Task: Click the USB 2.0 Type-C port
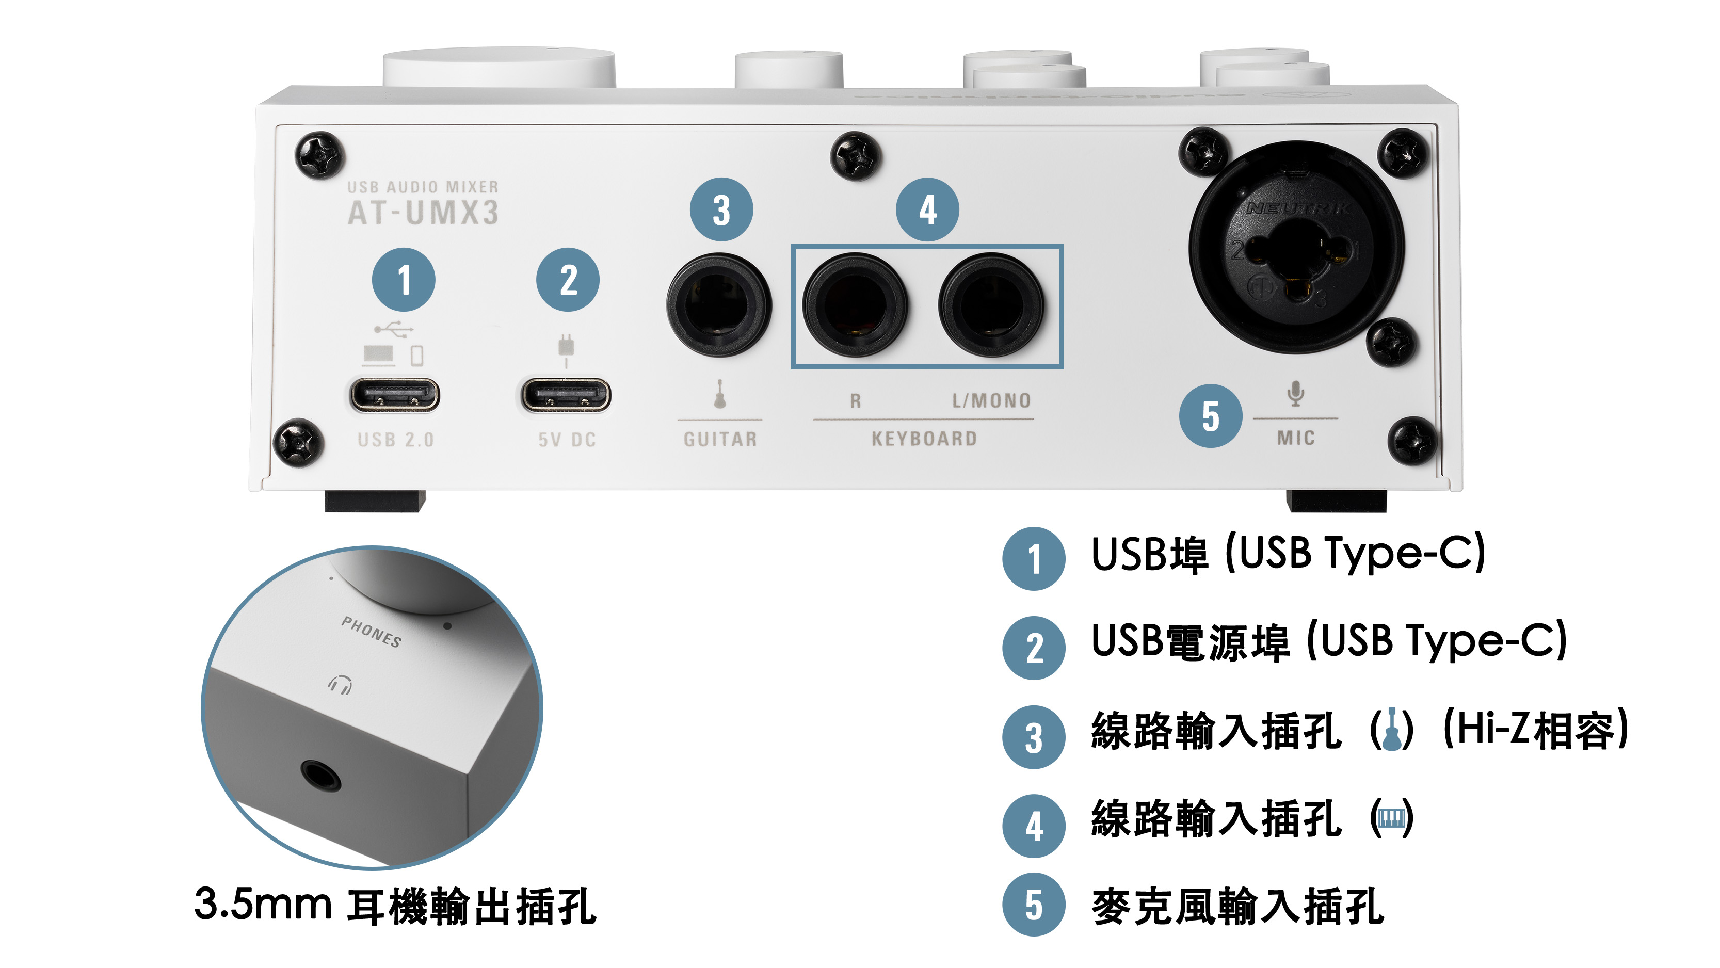pyautogui.click(x=395, y=395)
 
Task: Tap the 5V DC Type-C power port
pyautogui.click(x=566, y=395)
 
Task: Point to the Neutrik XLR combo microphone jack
pyautogui.click(x=1297, y=247)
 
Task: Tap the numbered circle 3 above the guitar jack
pyautogui.click(x=721, y=209)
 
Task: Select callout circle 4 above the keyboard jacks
pyautogui.click(x=927, y=209)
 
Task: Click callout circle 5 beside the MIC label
pyautogui.click(x=1211, y=416)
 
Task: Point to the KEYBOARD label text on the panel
pyautogui.click(x=924, y=439)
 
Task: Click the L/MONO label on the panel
pyautogui.click(x=991, y=400)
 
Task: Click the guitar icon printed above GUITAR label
pyautogui.click(x=720, y=394)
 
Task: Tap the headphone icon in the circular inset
pyautogui.click(x=341, y=684)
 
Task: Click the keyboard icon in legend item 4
pyautogui.click(x=1391, y=818)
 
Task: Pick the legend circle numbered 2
pyautogui.click(x=1034, y=648)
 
